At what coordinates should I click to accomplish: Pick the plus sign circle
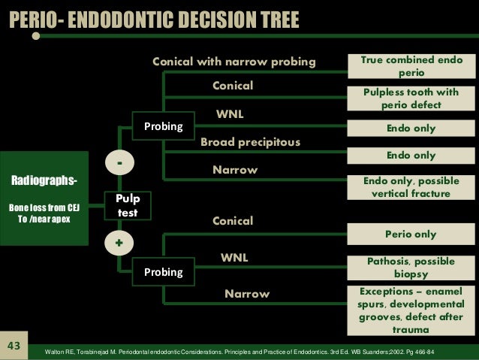[x=119, y=244]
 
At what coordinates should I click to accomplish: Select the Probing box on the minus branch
[x=163, y=126]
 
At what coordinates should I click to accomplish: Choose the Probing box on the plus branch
[x=163, y=272]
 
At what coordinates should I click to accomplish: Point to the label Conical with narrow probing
[x=234, y=61]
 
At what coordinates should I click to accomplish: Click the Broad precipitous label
[x=250, y=142]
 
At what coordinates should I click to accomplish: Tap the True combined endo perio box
[x=411, y=66]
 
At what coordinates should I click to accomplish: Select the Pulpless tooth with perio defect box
[x=411, y=98]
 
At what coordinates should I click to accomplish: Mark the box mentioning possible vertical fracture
[x=411, y=187]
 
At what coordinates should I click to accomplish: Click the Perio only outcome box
[x=411, y=234]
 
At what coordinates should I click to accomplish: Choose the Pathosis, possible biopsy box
[x=411, y=267]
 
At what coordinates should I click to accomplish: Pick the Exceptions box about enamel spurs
[x=411, y=310]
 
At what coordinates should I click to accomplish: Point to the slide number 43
[x=13, y=346]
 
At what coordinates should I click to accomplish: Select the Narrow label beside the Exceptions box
[x=246, y=294]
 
